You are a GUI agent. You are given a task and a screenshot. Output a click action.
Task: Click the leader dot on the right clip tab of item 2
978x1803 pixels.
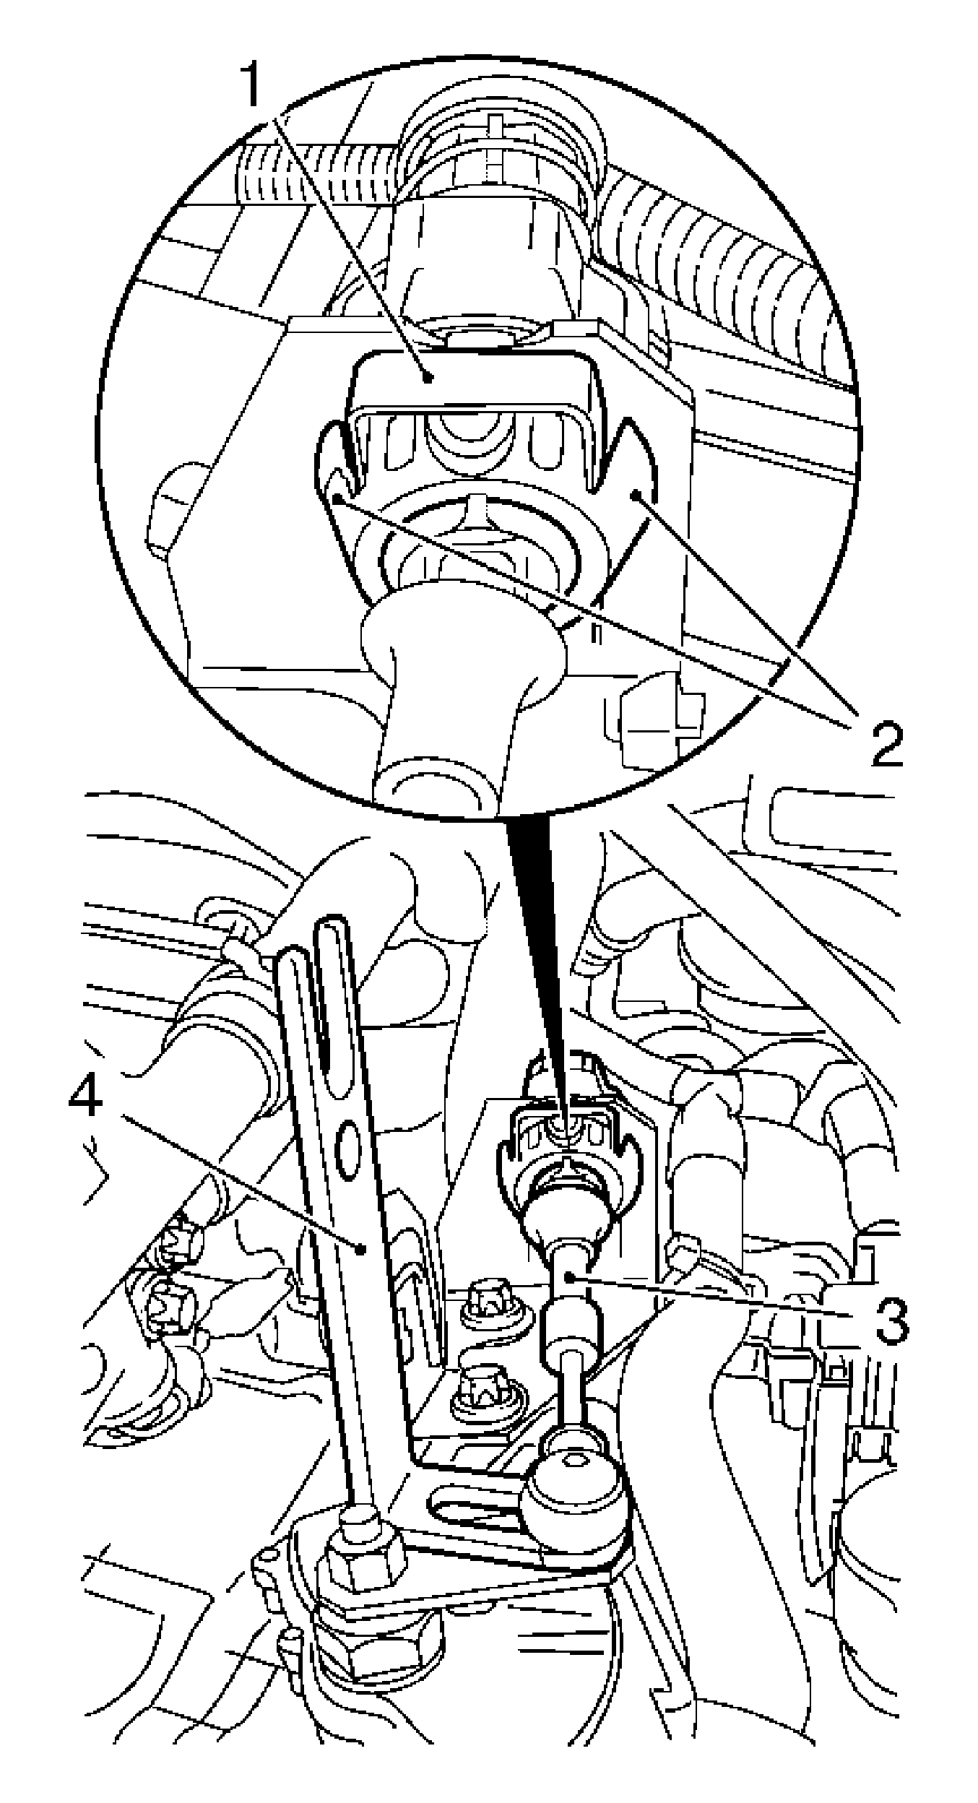click(x=636, y=495)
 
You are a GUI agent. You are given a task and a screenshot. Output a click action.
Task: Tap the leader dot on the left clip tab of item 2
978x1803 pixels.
click(x=337, y=498)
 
